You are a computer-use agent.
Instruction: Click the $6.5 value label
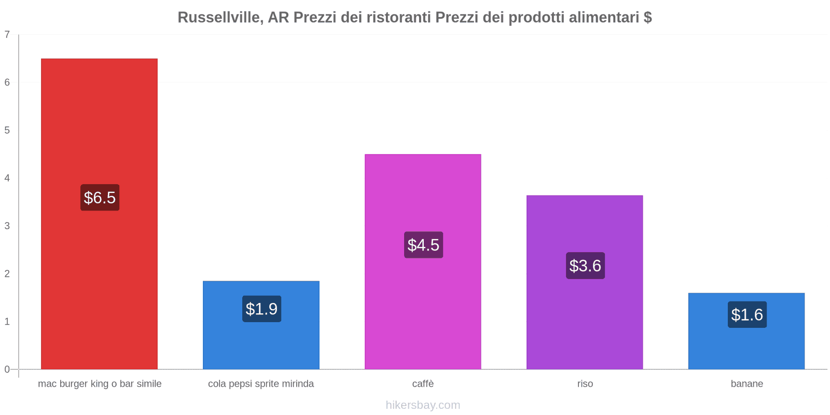pyautogui.click(x=100, y=198)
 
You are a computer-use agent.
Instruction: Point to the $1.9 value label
pyautogui.click(x=261, y=309)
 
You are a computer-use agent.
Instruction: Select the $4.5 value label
pyautogui.click(x=423, y=245)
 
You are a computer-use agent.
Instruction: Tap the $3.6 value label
pyautogui.click(x=585, y=266)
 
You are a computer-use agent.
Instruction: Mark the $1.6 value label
pyautogui.click(x=747, y=315)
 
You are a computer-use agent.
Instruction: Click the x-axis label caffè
pyautogui.click(x=423, y=384)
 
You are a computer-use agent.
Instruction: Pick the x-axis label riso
pyautogui.click(x=585, y=384)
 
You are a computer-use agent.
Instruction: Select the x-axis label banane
pyautogui.click(x=746, y=384)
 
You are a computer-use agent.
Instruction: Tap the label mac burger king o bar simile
pyautogui.click(x=100, y=384)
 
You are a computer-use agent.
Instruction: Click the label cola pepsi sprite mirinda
pyautogui.click(x=261, y=384)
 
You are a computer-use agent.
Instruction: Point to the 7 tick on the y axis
pyautogui.click(x=7, y=35)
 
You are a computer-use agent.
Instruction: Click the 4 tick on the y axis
pyautogui.click(x=7, y=178)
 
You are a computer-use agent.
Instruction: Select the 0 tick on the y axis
pyautogui.click(x=7, y=369)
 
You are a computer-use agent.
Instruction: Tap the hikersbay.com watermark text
pyautogui.click(x=423, y=405)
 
